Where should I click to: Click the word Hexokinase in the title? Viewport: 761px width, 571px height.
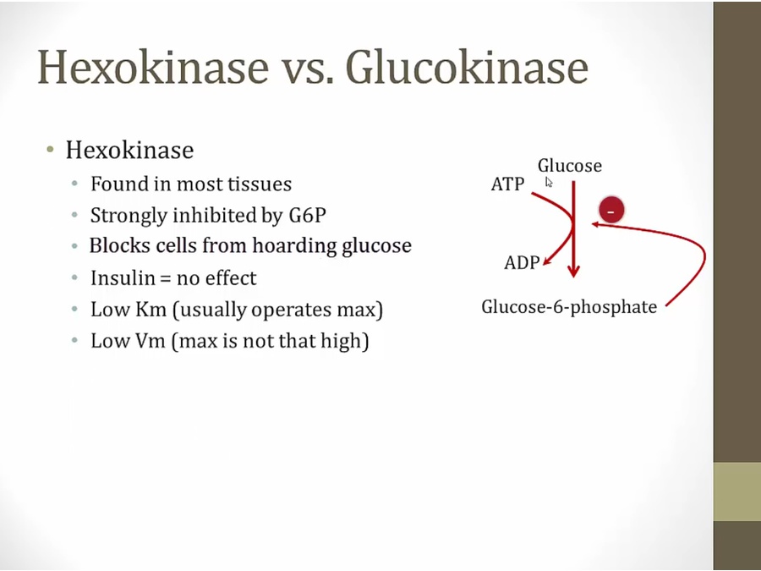coord(153,67)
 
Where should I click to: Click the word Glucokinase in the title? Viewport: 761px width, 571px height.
coord(467,67)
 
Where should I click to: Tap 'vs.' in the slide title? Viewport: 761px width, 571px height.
coord(308,71)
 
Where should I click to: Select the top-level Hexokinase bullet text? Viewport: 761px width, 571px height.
coord(129,150)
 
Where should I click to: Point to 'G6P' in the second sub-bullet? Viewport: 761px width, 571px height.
coord(308,215)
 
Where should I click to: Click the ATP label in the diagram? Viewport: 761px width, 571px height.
coord(507,184)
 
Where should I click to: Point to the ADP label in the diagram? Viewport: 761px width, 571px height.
coord(522,263)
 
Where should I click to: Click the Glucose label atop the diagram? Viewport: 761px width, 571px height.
coord(570,166)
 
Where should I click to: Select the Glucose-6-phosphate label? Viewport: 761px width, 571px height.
coord(569,307)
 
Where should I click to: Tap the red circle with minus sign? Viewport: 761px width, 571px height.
coord(611,211)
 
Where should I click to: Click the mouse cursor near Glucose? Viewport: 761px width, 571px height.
coord(549,182)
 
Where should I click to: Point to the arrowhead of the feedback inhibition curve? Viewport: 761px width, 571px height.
coord(595,224)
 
